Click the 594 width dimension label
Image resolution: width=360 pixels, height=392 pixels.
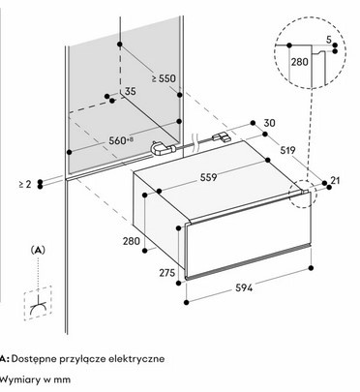coord(244,287)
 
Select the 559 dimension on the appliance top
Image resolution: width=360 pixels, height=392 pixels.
coord(208,177)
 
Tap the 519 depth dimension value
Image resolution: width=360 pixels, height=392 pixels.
coord(287,150)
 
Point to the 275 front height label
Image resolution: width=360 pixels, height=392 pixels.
coord(167,273)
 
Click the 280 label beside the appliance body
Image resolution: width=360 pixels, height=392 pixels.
coord(132,241)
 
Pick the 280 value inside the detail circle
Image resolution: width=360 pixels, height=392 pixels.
coord(300,62)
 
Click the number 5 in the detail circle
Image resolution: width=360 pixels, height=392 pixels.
coord(329,40)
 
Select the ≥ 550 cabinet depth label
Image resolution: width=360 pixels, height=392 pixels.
coord(164,78)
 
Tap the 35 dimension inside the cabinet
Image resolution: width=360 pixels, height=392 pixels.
coord(130,91)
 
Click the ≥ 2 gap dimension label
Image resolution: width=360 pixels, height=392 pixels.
coord(25,184)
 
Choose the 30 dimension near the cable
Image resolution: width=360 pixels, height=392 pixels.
coord(269,123)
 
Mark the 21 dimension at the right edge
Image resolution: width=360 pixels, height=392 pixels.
coord(336,180)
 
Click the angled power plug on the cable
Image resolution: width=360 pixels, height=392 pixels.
coord(163,148)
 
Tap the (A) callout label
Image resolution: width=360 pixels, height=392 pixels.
coord(38,250)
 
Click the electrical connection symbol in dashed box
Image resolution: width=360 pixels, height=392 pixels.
coord(38,303)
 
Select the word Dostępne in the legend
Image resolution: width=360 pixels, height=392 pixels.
coord(35,359)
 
